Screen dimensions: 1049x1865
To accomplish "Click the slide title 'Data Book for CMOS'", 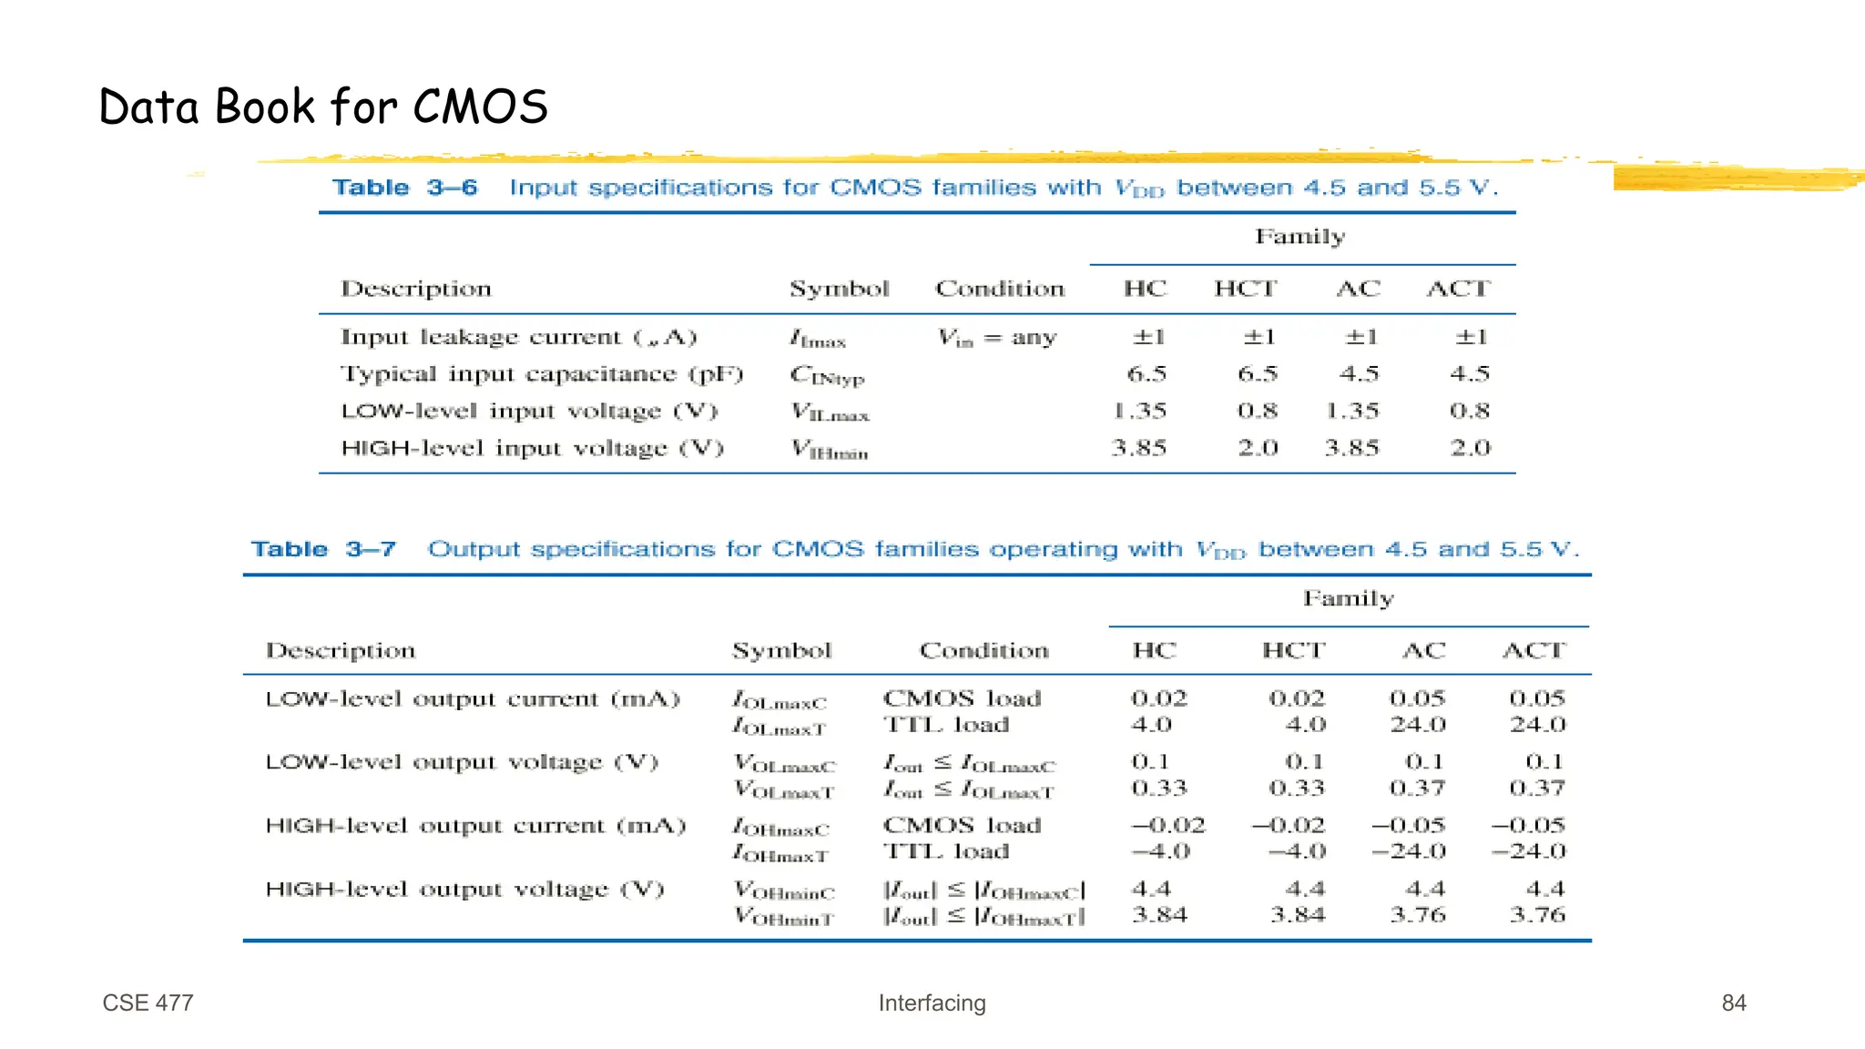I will pos(323,107).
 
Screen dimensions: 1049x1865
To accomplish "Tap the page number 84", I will pos(1733,1003).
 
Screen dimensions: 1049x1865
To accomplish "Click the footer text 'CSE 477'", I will pos(148,1003).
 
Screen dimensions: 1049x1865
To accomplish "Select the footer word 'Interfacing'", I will pos(932,1003).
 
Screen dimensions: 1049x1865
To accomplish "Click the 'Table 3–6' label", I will pos(404,188).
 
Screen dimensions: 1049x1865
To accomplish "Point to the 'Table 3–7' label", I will pos(323,549).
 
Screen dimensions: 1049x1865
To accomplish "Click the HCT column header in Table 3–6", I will pos(1245,289).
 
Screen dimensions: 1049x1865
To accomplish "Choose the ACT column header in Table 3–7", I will pos(1534,650).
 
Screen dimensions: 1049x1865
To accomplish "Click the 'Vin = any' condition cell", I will pos(997,338).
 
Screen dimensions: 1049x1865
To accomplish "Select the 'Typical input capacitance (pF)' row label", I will pos(542,374).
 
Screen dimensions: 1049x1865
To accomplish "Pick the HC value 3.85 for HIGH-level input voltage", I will pos(1138,448).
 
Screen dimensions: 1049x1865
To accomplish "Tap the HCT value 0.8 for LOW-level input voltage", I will pos(1258,411).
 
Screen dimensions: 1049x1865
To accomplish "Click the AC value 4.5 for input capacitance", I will pos(1359,374).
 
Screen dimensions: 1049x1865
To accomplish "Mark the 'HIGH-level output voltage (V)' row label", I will pos(464,889).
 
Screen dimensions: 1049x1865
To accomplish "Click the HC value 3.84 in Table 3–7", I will pos(1159,914).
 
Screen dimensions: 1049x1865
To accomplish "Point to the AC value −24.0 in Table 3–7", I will pos(1408,851).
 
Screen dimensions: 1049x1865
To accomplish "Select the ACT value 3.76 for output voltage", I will pos(1537,914).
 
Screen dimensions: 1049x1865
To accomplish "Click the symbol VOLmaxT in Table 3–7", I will pos(784,790).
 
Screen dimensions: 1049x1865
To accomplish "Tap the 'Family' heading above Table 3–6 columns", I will pos(1299,237).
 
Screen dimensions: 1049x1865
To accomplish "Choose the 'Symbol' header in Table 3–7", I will pos(781,650).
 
